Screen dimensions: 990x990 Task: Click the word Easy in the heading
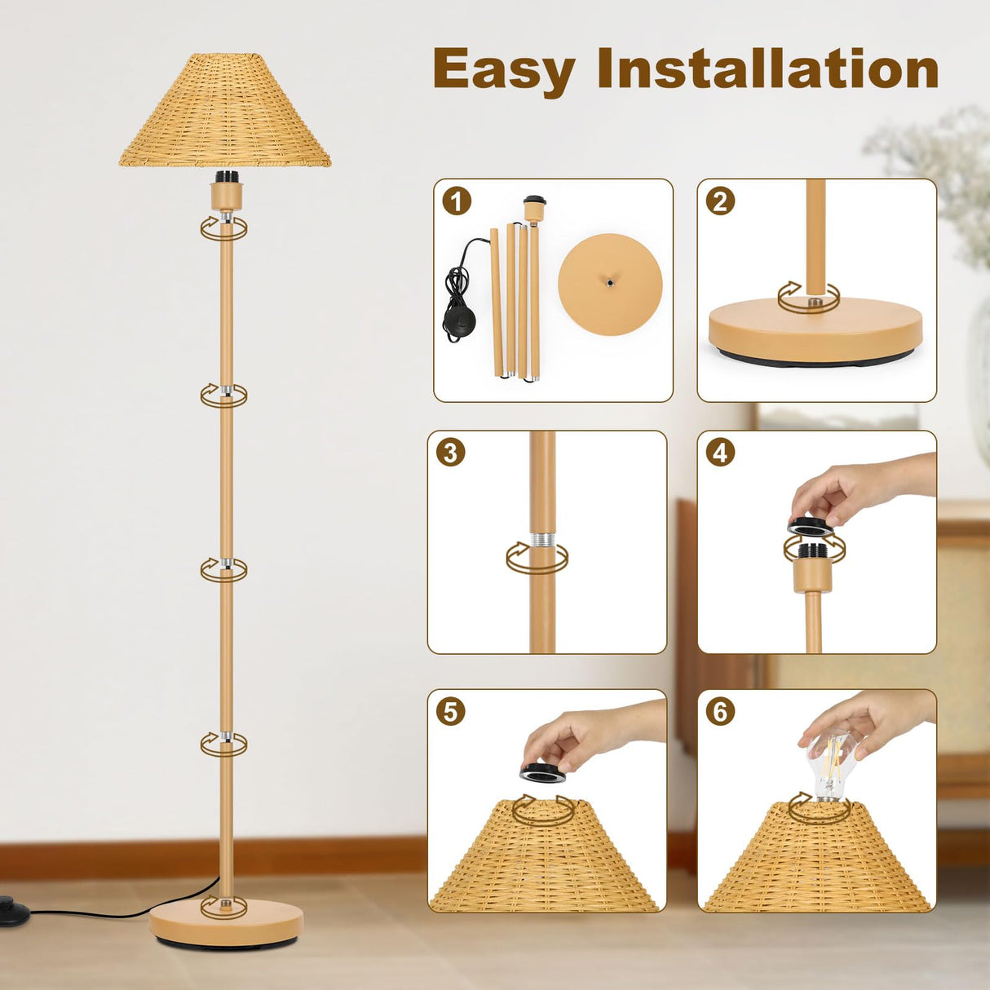click(504, 70)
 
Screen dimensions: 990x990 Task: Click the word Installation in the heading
click(768, 69)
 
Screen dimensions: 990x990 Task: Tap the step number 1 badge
click(457, 201)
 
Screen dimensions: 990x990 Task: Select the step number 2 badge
click(720, 201)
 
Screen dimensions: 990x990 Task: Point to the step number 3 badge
click(450, 452)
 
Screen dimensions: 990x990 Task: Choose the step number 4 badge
click(720, 452)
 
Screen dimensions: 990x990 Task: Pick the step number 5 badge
click(450, 711)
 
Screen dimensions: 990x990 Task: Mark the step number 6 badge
click(720, 711)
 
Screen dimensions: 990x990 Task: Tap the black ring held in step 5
click(543, 771)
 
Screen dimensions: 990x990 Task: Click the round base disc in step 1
click(610, 284)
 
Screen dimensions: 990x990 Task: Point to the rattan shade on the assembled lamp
click(225, 114)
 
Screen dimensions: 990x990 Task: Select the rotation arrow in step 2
click(807, 298)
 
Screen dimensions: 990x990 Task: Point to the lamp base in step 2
click(815, 330)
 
